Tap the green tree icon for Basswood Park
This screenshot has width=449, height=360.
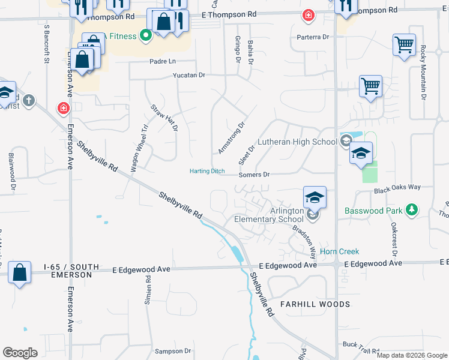point(411,209)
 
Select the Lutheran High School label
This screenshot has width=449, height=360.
point(298,142)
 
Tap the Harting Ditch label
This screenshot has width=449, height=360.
point(207,171)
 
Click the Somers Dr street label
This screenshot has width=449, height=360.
point(255,175)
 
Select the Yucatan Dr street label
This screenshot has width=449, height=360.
point(189,76)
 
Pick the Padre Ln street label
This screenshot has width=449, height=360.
point(163,61)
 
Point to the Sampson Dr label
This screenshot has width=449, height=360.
point(172,351)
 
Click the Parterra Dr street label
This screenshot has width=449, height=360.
point(313,37)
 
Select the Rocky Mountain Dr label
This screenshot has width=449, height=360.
point(423,72)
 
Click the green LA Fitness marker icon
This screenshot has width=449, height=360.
point(145,36)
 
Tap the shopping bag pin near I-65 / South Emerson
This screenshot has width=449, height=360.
point(20,273)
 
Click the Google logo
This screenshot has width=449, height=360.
point(20,353)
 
